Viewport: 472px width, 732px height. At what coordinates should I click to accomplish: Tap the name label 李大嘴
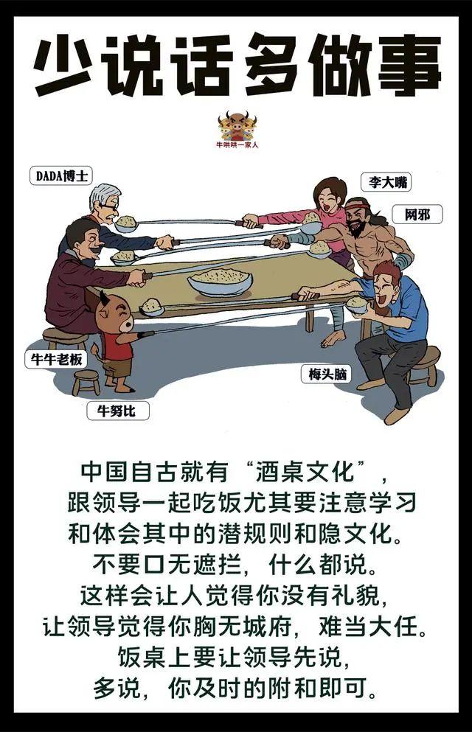386,182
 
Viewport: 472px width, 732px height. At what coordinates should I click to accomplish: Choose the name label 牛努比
117,410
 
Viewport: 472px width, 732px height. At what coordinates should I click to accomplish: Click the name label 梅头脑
325,374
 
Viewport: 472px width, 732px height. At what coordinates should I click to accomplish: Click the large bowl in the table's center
220,281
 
